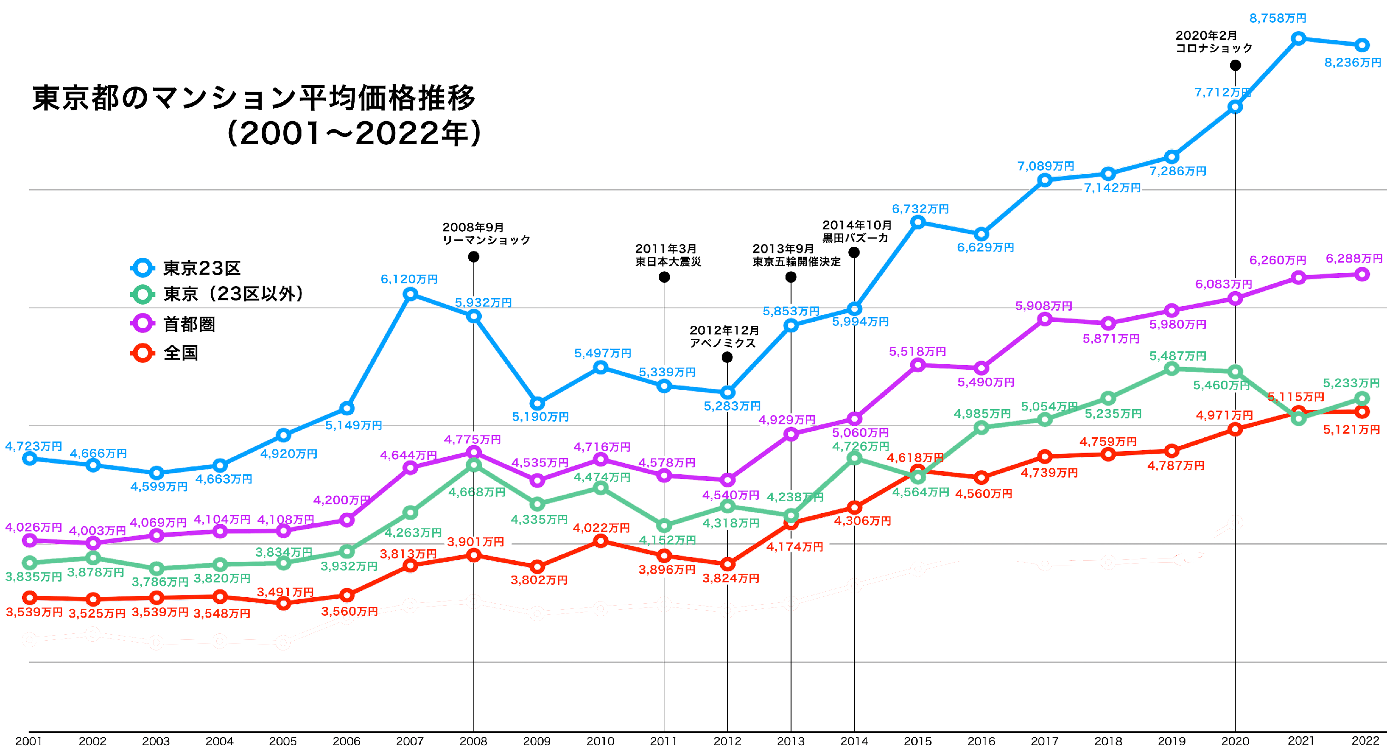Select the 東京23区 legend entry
point(202,268)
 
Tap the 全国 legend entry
point(180,353)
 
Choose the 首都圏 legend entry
point(189,324)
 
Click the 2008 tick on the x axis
point(473,741)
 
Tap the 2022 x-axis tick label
point(1365,741)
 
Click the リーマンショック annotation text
point(486,240)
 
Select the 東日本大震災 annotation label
point(668,262)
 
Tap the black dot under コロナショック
point(1235,65)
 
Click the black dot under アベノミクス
point(727,357)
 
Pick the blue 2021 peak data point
point(1298,38)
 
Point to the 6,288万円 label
point(1354,258)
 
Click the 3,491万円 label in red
point(285,592)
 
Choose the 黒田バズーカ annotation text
point(855,238)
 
